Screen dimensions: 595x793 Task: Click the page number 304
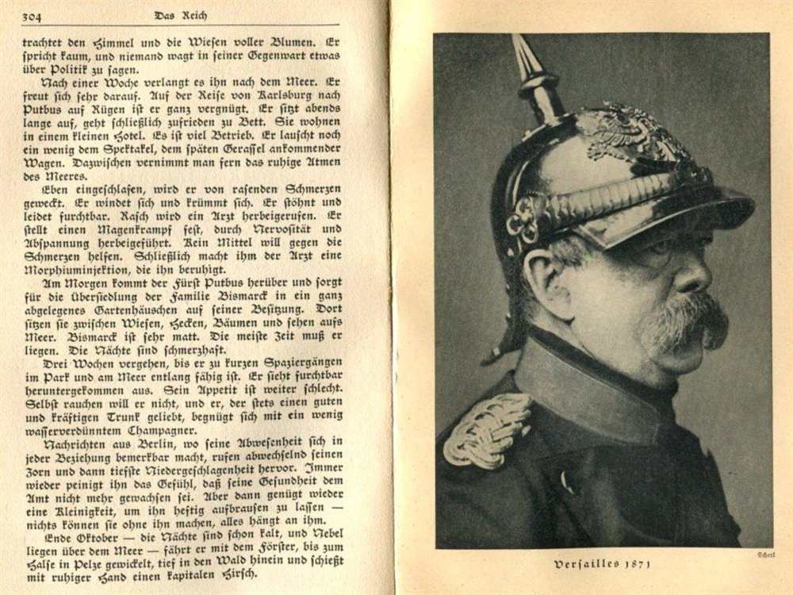click(33, 16)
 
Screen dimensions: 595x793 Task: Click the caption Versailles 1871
click(602, 565)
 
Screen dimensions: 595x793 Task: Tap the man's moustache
click(686, 321)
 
